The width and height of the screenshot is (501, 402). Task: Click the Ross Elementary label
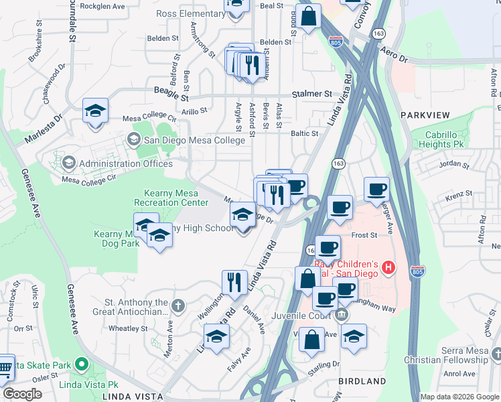[189, 13]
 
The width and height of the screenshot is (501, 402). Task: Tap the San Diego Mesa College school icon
[133, 139]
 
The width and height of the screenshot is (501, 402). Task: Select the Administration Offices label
[125, 163]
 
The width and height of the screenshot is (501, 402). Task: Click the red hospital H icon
[387, 269]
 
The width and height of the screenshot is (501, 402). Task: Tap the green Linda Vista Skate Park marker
[82, 365]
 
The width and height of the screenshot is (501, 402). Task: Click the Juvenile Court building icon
[341, 314]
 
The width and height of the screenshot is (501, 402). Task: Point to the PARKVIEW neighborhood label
[425, 115]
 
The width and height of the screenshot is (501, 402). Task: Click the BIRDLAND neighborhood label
[362, 381]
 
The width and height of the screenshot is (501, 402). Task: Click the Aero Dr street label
[393, 55]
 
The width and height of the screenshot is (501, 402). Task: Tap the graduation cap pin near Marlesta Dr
[95, 110]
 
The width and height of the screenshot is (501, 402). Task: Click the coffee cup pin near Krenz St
[376, 189]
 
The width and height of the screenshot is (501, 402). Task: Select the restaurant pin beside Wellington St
[233, 281]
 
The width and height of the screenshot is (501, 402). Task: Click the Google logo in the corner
[23, 394]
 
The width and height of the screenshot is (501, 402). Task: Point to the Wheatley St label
[127, 328]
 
